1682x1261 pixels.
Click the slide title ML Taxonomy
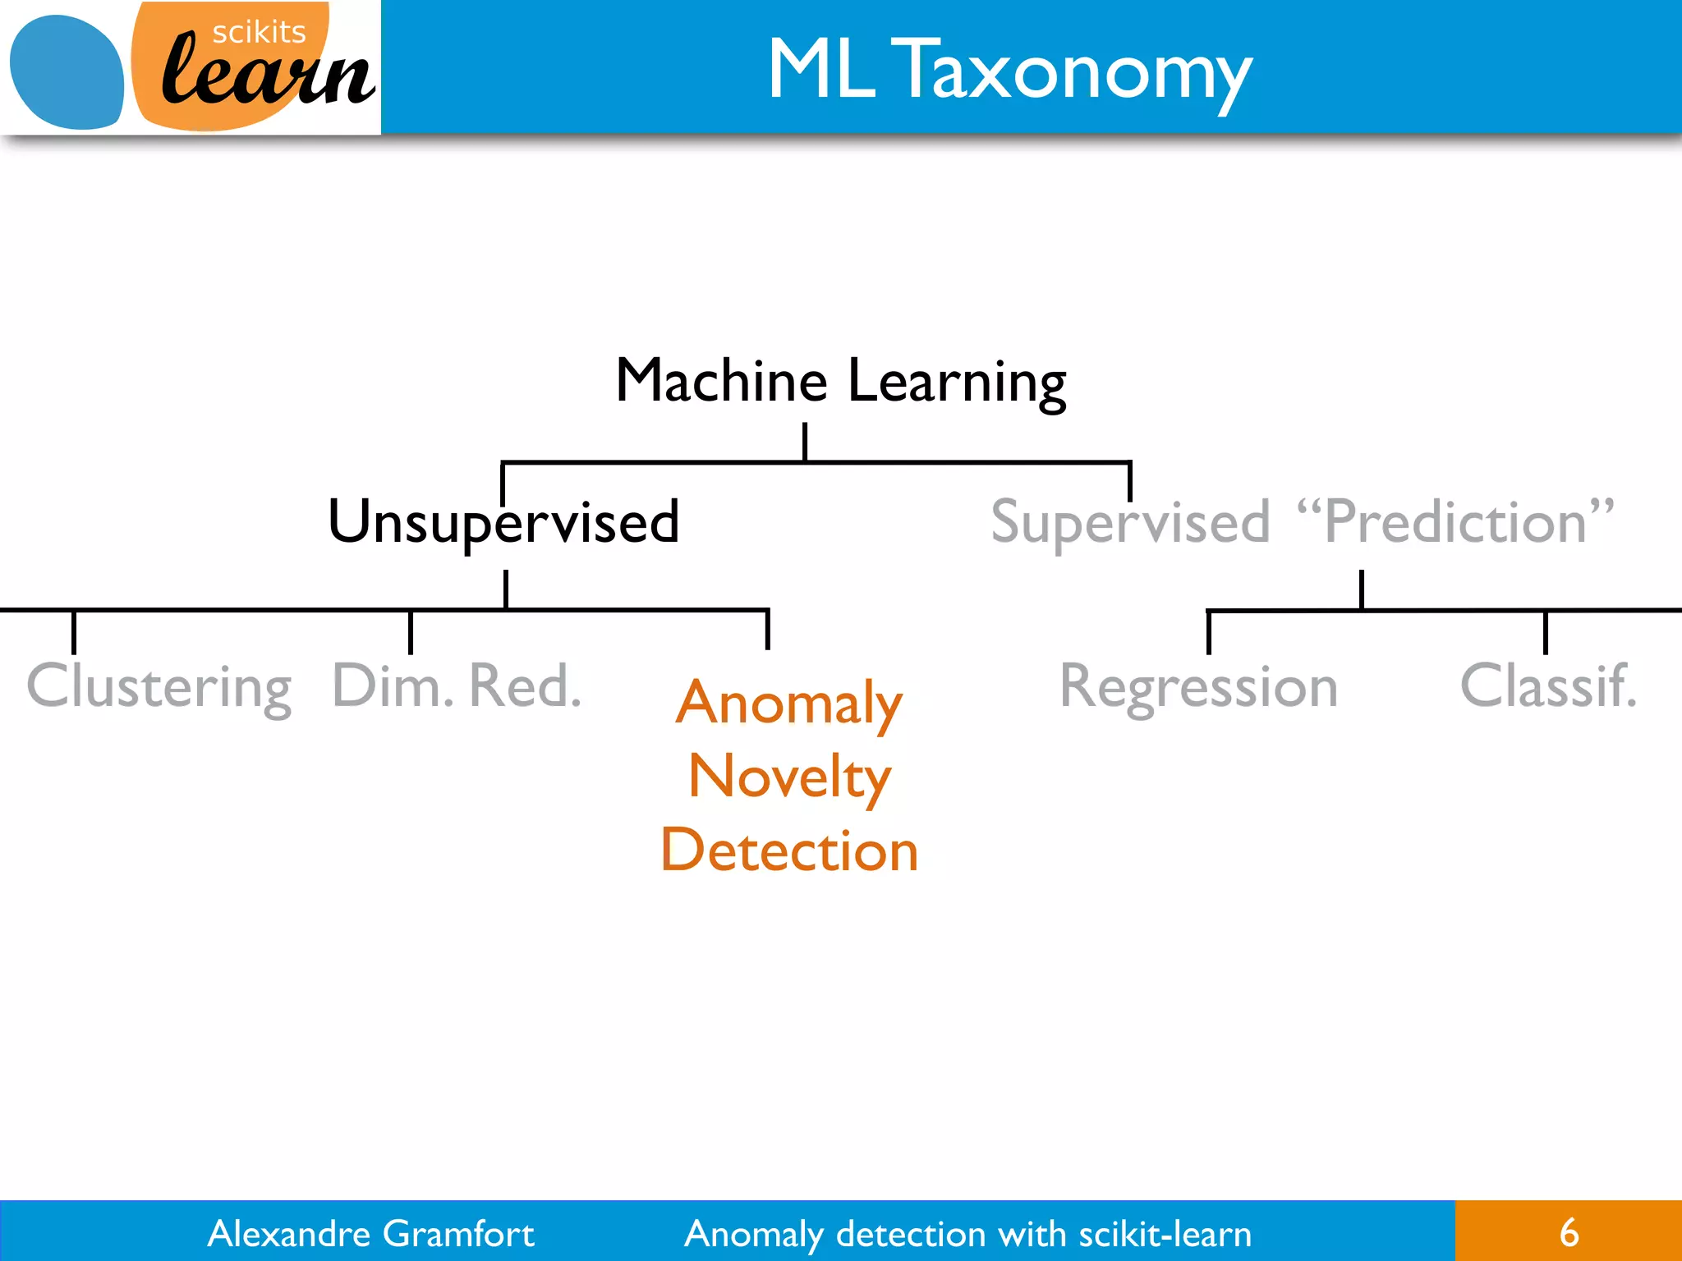(x=1009, y=71)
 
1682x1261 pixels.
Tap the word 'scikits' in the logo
(x=259, y=32)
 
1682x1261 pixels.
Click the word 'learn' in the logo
(x=267, y=76)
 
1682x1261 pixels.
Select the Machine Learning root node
(x=840, y=382)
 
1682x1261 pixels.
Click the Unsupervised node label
(x=503, y=522)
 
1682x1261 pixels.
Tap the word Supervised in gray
(x=1130, y=522)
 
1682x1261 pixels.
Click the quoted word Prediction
(x=1455, y=522)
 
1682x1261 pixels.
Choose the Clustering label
(x=159, y=686)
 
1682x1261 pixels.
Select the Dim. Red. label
(x=457, y=685)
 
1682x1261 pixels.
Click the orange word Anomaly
(x=789, y=704)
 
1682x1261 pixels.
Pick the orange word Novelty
(x=789, y=777)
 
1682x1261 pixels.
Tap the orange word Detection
(x=789, y=850)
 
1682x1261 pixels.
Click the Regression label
(x=1198, y=686)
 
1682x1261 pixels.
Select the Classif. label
(x=1548, y=685)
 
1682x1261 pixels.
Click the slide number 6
(x=1569, y=1232)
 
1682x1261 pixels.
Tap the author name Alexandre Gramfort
(x=370, y=1233)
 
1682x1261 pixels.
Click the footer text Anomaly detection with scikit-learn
(x=968, y=1234)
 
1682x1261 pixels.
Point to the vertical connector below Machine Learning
(x=805, y=442)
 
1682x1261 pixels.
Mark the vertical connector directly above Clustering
(x=74, y=632)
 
